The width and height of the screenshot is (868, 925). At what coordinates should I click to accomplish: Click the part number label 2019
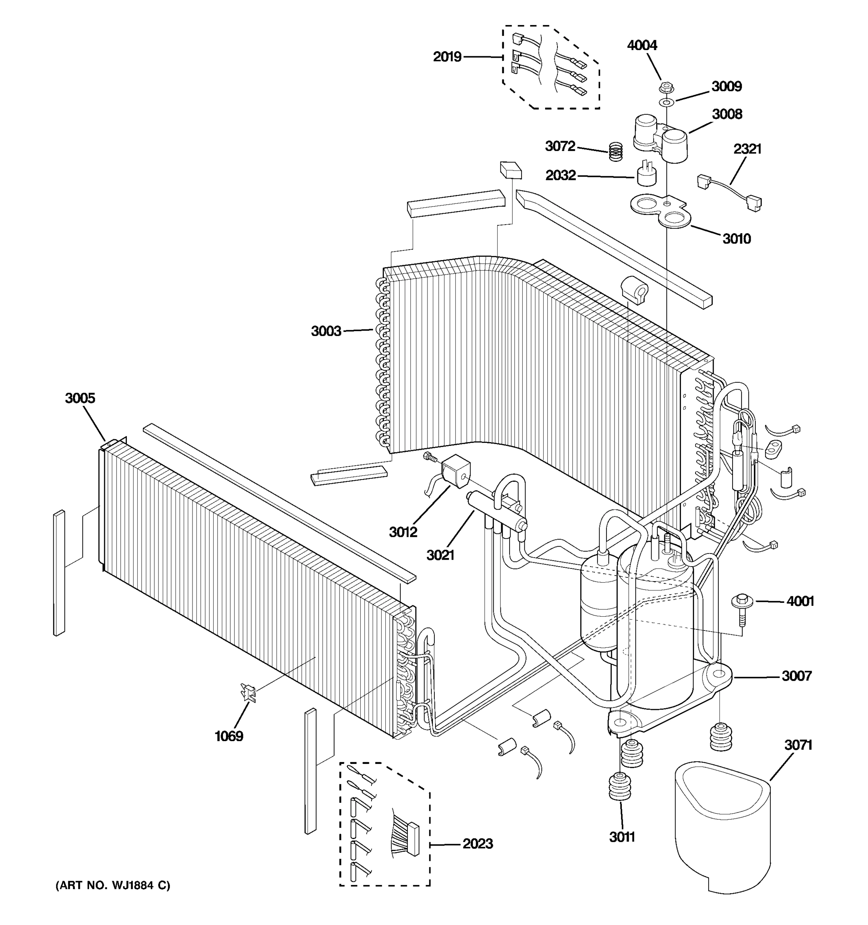[447, 57]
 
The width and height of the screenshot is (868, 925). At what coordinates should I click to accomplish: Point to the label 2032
[560, 175]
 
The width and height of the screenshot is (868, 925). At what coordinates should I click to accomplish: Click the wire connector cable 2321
[729, 192]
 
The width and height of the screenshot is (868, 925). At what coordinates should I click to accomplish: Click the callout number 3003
[326, 331]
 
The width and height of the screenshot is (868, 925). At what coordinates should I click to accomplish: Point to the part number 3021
[440, 555]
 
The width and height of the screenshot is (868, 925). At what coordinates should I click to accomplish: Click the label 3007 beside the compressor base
[797, 676]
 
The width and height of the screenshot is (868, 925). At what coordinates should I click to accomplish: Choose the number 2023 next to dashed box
[478, 844]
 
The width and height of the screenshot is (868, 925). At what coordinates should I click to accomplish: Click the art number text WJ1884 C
[113, 885]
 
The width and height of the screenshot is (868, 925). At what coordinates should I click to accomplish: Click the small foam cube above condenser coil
[511, 170]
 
